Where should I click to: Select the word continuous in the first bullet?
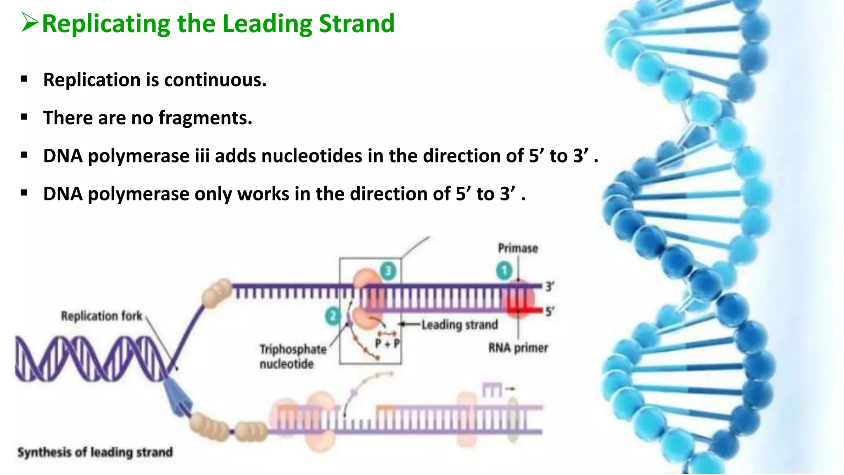(x=215, y=80)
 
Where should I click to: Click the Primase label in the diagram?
(x=518, y=248)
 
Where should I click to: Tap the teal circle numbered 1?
(x=504, y=271)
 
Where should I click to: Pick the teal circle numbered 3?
(x=388, y=271)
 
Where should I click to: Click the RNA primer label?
(x=518, y=348)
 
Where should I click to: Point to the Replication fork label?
(x=101, y=316)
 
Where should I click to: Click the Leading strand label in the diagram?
(x=460, y=325)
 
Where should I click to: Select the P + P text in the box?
(x=387, y=343)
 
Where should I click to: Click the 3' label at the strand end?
(x=550, y=286)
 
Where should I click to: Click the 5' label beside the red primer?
(x=550, y=311)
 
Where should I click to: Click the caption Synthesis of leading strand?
(x=95, y=452)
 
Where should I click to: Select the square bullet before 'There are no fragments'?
(x=24, y=118)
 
